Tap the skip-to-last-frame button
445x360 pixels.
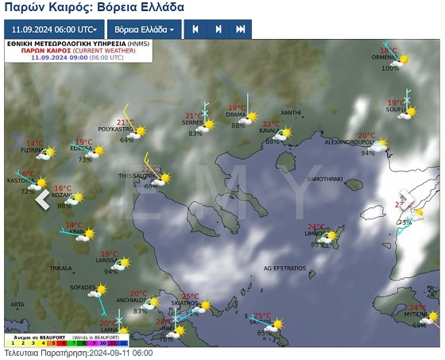240,29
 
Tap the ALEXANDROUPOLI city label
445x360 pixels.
350,142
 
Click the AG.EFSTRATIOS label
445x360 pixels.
284,269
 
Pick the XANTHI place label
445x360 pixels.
291,113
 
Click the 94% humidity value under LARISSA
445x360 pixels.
110,271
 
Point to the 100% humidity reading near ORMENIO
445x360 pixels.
389,68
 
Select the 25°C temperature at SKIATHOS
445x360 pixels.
190,296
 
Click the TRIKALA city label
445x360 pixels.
60,269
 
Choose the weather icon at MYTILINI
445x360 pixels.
430,314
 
